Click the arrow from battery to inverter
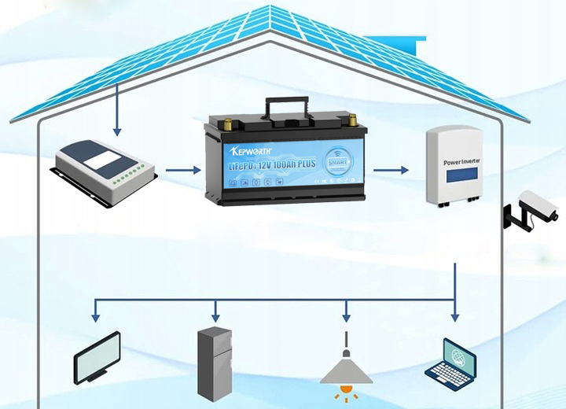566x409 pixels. pyautogui.click(x=391, y=169)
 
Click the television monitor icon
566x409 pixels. pyautogui.click(x=97, y=357)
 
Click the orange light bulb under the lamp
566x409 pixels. pyautogui.click(x=346, y=389)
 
